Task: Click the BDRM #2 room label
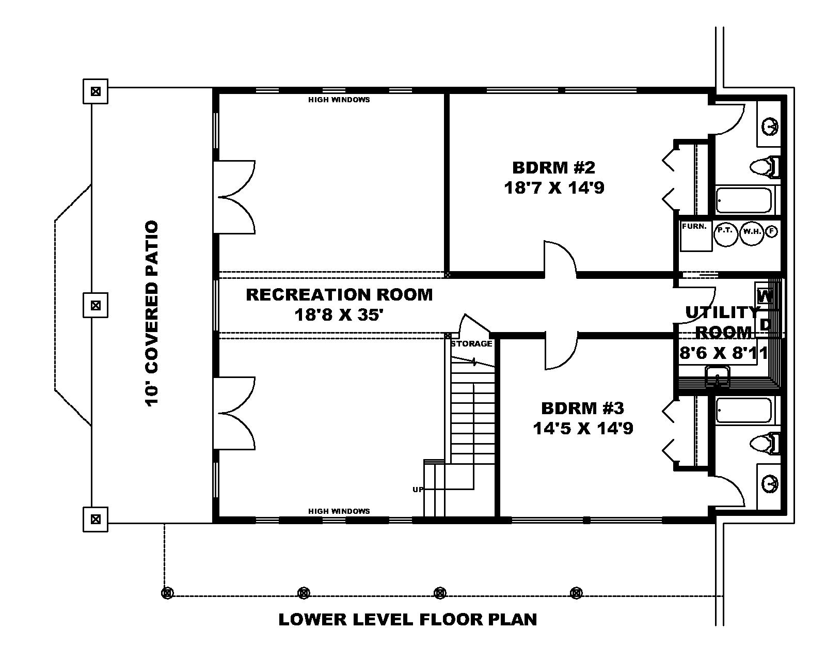[x=553, y=167]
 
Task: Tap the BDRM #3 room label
[x=582, y=408]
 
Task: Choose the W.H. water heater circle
[x=751, y=232]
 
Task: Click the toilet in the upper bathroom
[x=764, y=166]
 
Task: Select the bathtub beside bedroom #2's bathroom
[x=745, y=200]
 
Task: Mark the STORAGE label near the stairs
[x=471, y=344]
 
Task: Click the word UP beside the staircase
[x=418, y=489]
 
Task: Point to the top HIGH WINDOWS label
[x=339, y=100]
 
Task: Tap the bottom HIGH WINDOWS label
[x=339, y=511]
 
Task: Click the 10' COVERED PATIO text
[x=152, y=313]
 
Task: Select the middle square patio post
[x=96, y=305]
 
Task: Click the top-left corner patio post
[x=96, y=92]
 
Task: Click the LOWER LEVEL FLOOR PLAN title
[x=408, y=619]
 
